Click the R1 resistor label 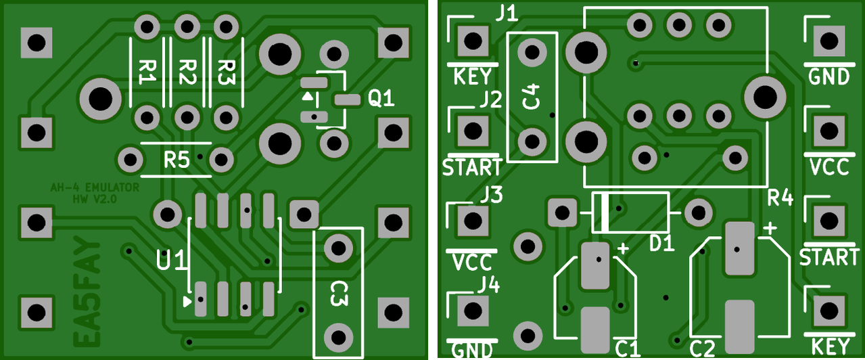coord(147,72)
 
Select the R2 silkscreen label coord(187,72)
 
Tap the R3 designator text coord(227,72)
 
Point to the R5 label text coord(177,160)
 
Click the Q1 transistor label coord(381,99)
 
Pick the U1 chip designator coord(172,260)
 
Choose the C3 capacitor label coord(340,293)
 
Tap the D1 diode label coord(661,244)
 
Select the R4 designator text coord(780,198)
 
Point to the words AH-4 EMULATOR coord(95,187)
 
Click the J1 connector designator coord(507,15)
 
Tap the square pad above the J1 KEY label coord(473,41)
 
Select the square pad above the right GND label coord(828,41)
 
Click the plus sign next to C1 coord(623,249)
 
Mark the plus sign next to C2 coord(770,228)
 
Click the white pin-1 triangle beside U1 coord(187,302)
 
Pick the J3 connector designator coord(492,195)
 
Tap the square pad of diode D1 coord(562,212)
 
